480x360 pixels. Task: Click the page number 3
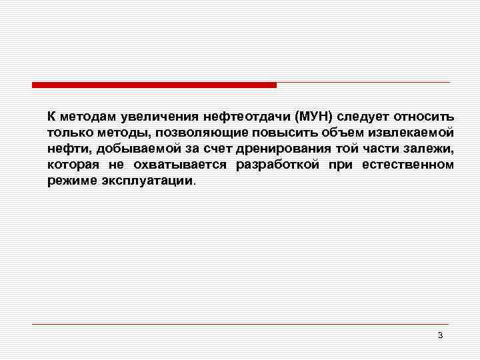(440, 335)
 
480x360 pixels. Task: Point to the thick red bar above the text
(154, 85)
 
